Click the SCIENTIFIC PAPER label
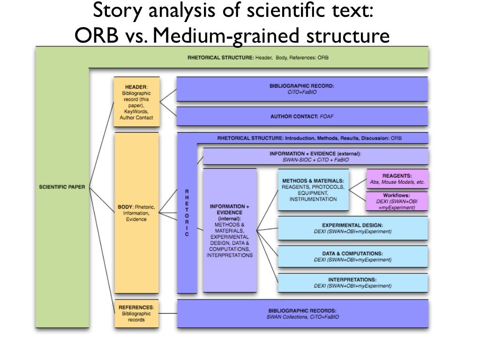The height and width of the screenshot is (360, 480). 62,187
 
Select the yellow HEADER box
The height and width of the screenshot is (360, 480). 136,102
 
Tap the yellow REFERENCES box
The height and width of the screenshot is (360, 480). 136,313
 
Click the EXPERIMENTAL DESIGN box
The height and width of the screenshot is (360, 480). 352,228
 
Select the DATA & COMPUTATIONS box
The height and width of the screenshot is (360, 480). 352,256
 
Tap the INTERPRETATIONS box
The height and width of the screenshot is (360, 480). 352,283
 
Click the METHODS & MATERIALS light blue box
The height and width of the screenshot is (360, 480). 313,189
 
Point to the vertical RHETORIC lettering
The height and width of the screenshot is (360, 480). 187,213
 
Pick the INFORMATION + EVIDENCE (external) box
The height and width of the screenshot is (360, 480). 315,157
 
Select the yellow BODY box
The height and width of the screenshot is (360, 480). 136,213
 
